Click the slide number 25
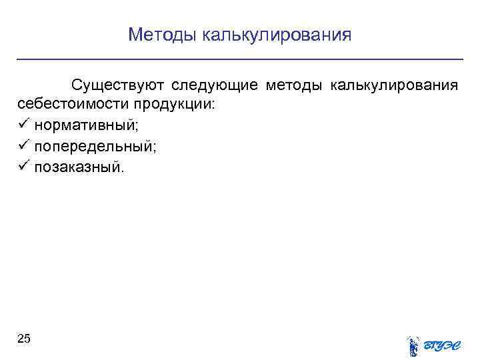coord(23,339)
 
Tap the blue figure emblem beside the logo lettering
coord(413,345)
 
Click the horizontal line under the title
coord(240,60)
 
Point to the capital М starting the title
coord(135,34)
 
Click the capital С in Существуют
coord(77,86)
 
